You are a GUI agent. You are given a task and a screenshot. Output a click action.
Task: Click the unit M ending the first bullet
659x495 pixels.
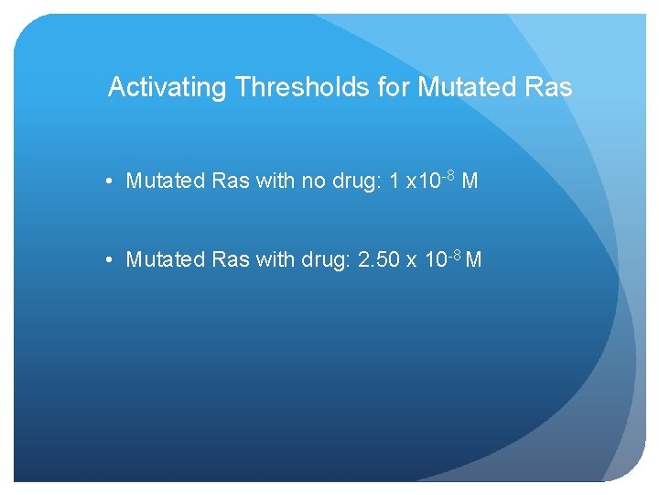tap(470, 181)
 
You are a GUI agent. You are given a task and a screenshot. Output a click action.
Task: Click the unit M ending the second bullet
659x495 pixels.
tap(474, 260)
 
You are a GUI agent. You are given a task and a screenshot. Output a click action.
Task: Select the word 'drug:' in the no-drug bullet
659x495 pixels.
tap(356, 181)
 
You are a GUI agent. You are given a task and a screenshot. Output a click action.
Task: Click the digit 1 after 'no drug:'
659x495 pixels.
tap(394, 181)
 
